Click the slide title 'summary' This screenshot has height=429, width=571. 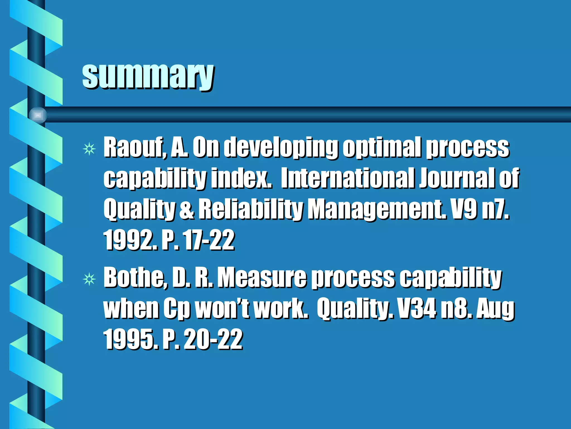tap(148, 76)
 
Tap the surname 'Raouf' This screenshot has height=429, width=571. tap(135, 147)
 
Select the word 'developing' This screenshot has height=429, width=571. tap(280, 148)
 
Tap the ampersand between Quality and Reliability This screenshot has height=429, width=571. tap(187, 210)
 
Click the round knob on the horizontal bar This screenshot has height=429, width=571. tap(38, 115)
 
